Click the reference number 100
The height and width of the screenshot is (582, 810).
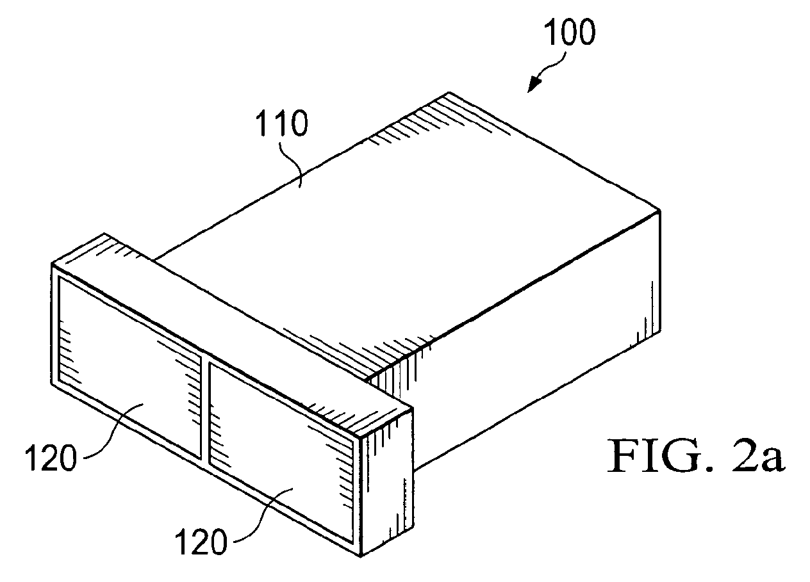pyautogui.click(x=569, y=33)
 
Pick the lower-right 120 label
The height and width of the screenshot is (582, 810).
pyautogui.click(x=201, y=541)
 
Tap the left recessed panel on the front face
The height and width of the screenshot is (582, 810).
pyautogui.click(x=129, y=368)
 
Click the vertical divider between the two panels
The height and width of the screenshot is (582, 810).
pyautogui.click(x=205, y=411)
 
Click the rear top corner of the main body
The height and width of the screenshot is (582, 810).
pyautogui.click(x=449, y=92)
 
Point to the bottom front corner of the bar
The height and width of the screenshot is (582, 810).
pyautogui.click(x=361, y=557)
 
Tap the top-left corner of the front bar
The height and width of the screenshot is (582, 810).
pyautogui.click(x=51, y=263)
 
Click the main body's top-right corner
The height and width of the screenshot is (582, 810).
pyautogui.click(x=660, y=209)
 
